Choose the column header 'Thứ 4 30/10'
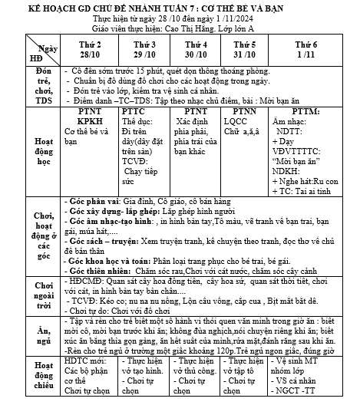(x=196, y=50)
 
